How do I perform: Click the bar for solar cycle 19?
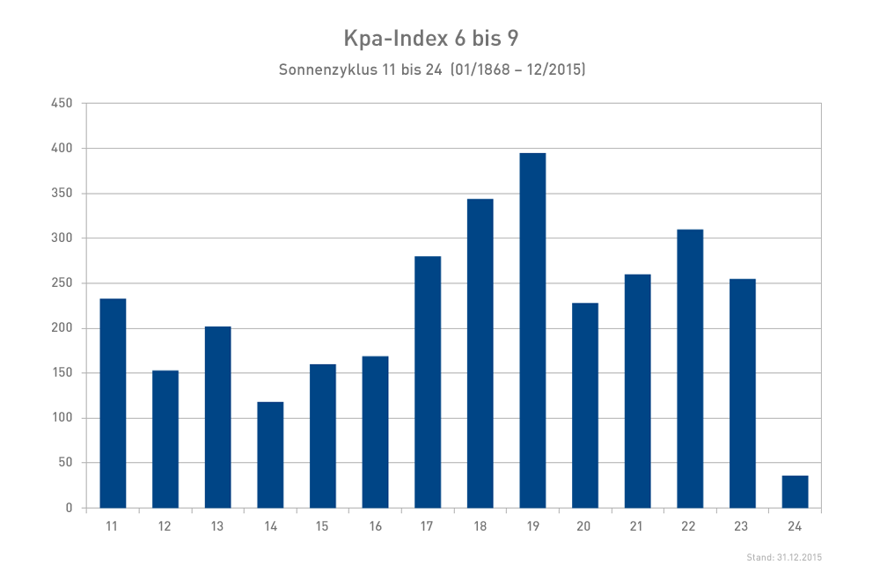(532, 331)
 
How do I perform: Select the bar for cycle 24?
(795, 492)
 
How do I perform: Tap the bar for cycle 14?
(270, 455)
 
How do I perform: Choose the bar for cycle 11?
(113, 403)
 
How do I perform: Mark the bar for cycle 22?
(690, 369)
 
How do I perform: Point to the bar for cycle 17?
(428, 382)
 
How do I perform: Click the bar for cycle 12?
(165, 439)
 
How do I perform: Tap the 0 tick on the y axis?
(68, 508)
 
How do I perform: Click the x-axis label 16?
(375, 525)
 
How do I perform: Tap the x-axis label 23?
(742, 525)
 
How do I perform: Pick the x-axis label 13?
(217, 525)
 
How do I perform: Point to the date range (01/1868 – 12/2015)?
(517, 69)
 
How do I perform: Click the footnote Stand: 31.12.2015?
(783, 557)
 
